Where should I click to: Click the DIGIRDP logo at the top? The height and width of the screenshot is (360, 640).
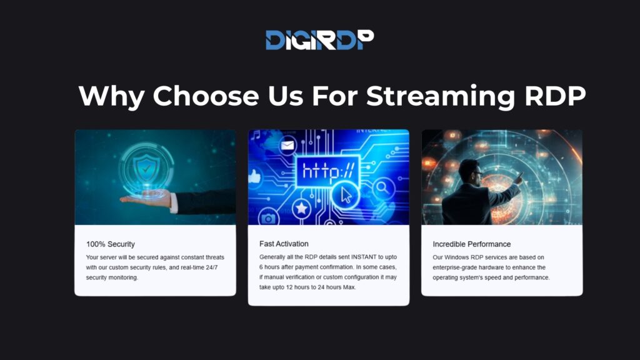(319, 40)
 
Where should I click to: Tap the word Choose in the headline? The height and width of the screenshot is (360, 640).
(206, 96)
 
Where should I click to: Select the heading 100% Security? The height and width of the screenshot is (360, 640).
(111, 244)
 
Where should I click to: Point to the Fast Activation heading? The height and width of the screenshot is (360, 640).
(284, 243)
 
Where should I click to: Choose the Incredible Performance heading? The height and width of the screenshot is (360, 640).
(471, 244)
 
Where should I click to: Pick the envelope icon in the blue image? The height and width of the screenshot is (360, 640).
(287, 147)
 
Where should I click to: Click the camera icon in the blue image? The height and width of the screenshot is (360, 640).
(269, 219)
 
